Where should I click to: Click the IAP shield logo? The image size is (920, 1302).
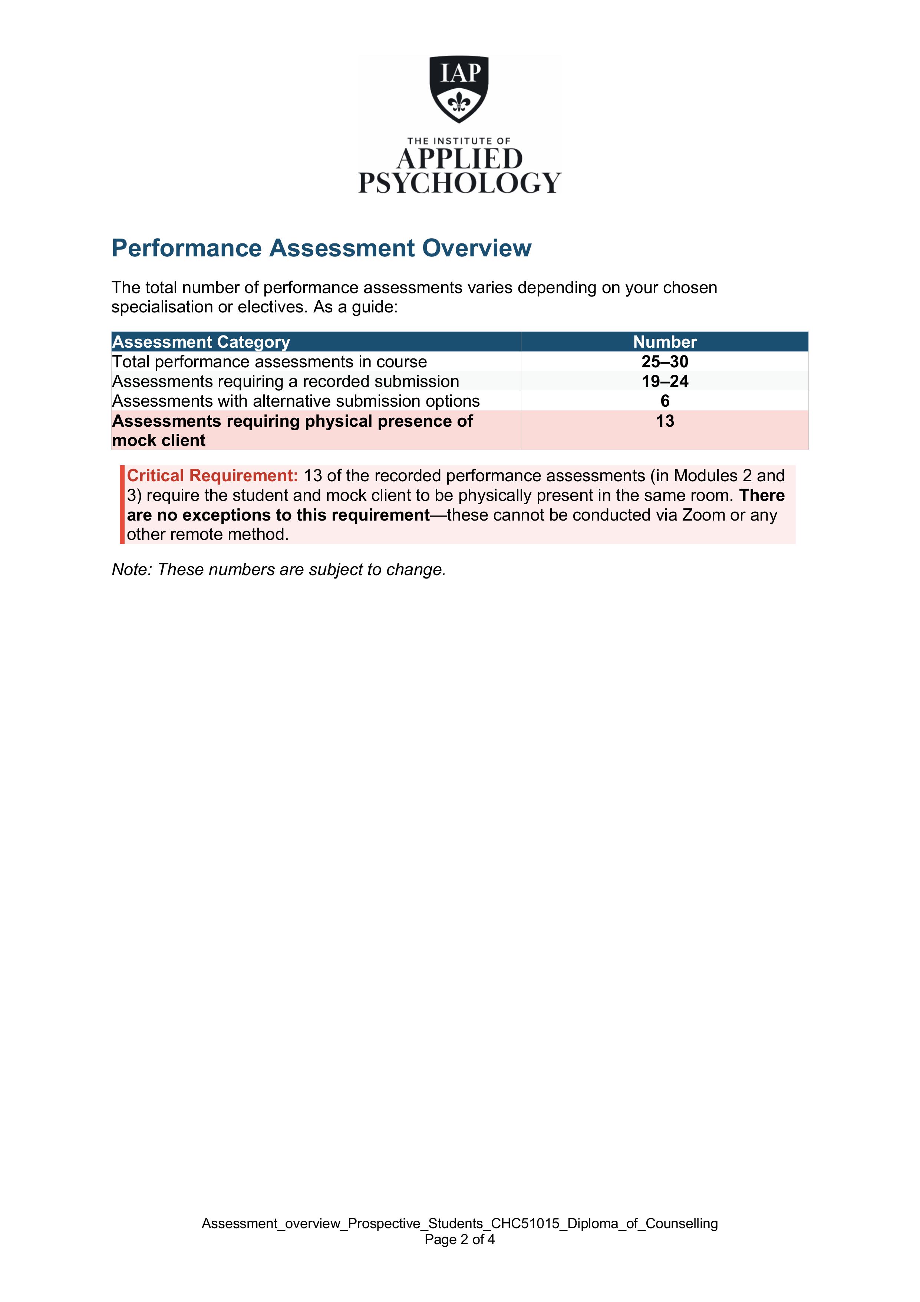tap(459, 88)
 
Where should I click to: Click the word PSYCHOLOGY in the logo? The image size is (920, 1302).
tap(459, 183)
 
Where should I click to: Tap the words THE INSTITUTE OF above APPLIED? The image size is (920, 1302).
tap(459, 141)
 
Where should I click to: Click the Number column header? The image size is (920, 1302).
tap(665, 342)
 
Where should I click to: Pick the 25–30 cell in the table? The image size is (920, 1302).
tap(665, 362)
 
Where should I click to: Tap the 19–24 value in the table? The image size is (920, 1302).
tap(665, 381)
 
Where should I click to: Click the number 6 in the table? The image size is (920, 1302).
tap(665, 401)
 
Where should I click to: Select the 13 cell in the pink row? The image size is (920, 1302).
tap(665, 421)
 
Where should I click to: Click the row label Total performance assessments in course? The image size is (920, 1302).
tap(269, 362)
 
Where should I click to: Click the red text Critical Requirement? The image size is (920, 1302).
tap(212, 476)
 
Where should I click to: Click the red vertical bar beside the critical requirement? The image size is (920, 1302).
tap(122, 504)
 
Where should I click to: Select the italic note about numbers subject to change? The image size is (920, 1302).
tap(278, 569)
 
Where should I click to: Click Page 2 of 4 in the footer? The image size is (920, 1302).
tap(459, 1239)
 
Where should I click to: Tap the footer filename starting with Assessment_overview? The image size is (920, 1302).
tap(459, 1223)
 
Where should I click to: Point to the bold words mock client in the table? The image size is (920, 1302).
tap(159, 440)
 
